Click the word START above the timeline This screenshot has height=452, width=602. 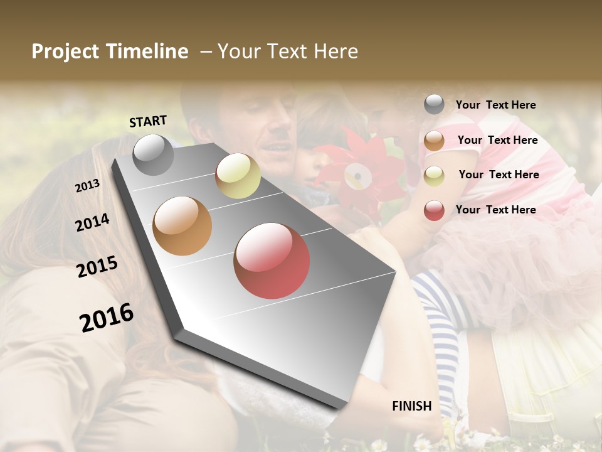[148, 121]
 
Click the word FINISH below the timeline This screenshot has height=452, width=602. [412, 406]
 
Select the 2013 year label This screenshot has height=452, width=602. [87, 186]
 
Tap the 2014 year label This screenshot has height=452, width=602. [92, 222]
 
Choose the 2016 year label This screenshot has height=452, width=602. [107, 318]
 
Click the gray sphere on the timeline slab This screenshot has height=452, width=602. [153, 154]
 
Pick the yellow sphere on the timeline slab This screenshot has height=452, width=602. [238, 176]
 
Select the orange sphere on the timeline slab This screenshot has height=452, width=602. [182, 226]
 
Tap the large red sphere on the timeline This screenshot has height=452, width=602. [272, 261]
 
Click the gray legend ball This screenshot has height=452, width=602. [434, 104]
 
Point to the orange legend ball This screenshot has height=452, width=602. [434, 141]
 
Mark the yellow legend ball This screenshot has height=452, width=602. [434, 176]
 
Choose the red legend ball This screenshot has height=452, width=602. [434, 210]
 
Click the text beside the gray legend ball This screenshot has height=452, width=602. [495, 105]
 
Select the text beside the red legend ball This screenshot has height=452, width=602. [495, 210]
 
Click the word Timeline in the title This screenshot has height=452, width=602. [147, 51]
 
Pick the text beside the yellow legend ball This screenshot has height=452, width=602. [499, 175]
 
